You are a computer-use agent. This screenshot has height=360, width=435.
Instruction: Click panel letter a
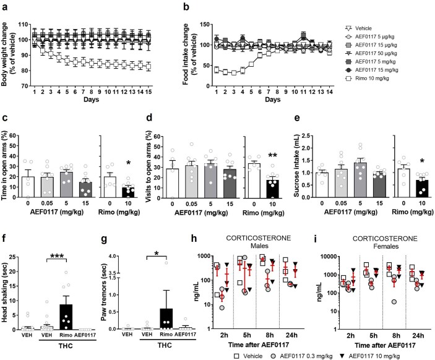coord(4,6)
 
